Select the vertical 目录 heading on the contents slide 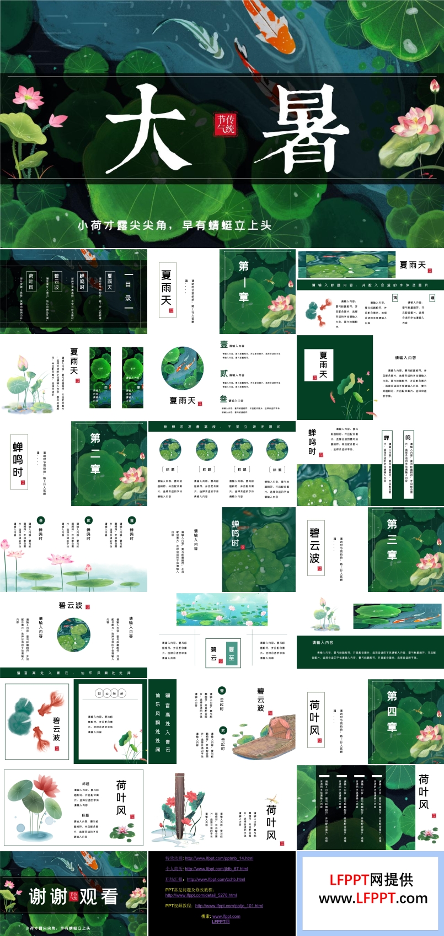(x=128, y=291)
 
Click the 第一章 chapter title (x=243, y=281)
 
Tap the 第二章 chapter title (x=95, y=453)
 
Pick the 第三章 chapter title (x=392, y=539)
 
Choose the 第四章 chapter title (x=392, y=711)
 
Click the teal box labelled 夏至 (x=231, y=653)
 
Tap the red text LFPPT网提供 (x=371, y=879)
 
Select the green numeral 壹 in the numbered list (x=223, y=345)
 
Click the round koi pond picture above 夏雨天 (x=182, y=368)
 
